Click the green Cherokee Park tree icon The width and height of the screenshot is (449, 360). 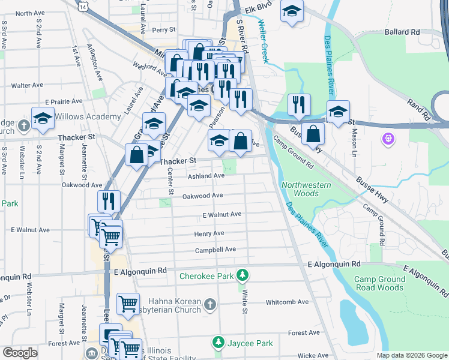point(243,276)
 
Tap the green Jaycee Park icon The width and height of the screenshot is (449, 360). point(218,343)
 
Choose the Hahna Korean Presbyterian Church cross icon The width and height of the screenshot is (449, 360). point(209,305)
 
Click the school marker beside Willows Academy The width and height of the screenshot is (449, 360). point(43,118)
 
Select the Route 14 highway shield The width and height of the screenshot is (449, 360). point(83,5)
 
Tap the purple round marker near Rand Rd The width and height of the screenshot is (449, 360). point(388,139)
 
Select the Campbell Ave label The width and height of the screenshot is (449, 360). point(215,250)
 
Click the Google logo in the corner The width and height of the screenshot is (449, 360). point(20,353)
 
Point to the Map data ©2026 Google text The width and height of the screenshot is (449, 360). point(411,355)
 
